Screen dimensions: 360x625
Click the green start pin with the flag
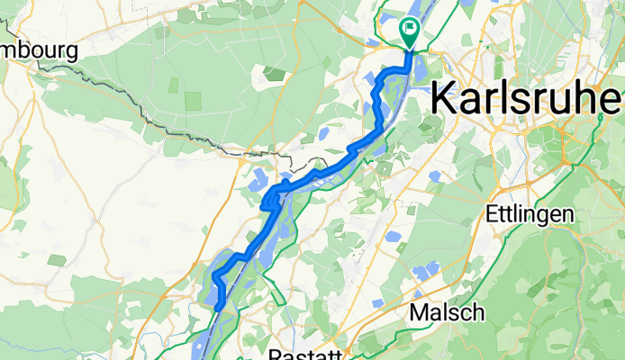[410, 32]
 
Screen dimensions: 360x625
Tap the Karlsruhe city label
[526, 97]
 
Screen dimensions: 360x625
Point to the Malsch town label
[447, 312]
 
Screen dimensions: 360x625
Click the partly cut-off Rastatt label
[306, 354]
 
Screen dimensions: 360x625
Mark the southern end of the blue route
[218, 309]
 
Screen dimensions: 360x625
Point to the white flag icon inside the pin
[410, 29]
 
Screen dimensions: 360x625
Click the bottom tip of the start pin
[410, 48]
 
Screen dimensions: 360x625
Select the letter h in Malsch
[477, 312]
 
